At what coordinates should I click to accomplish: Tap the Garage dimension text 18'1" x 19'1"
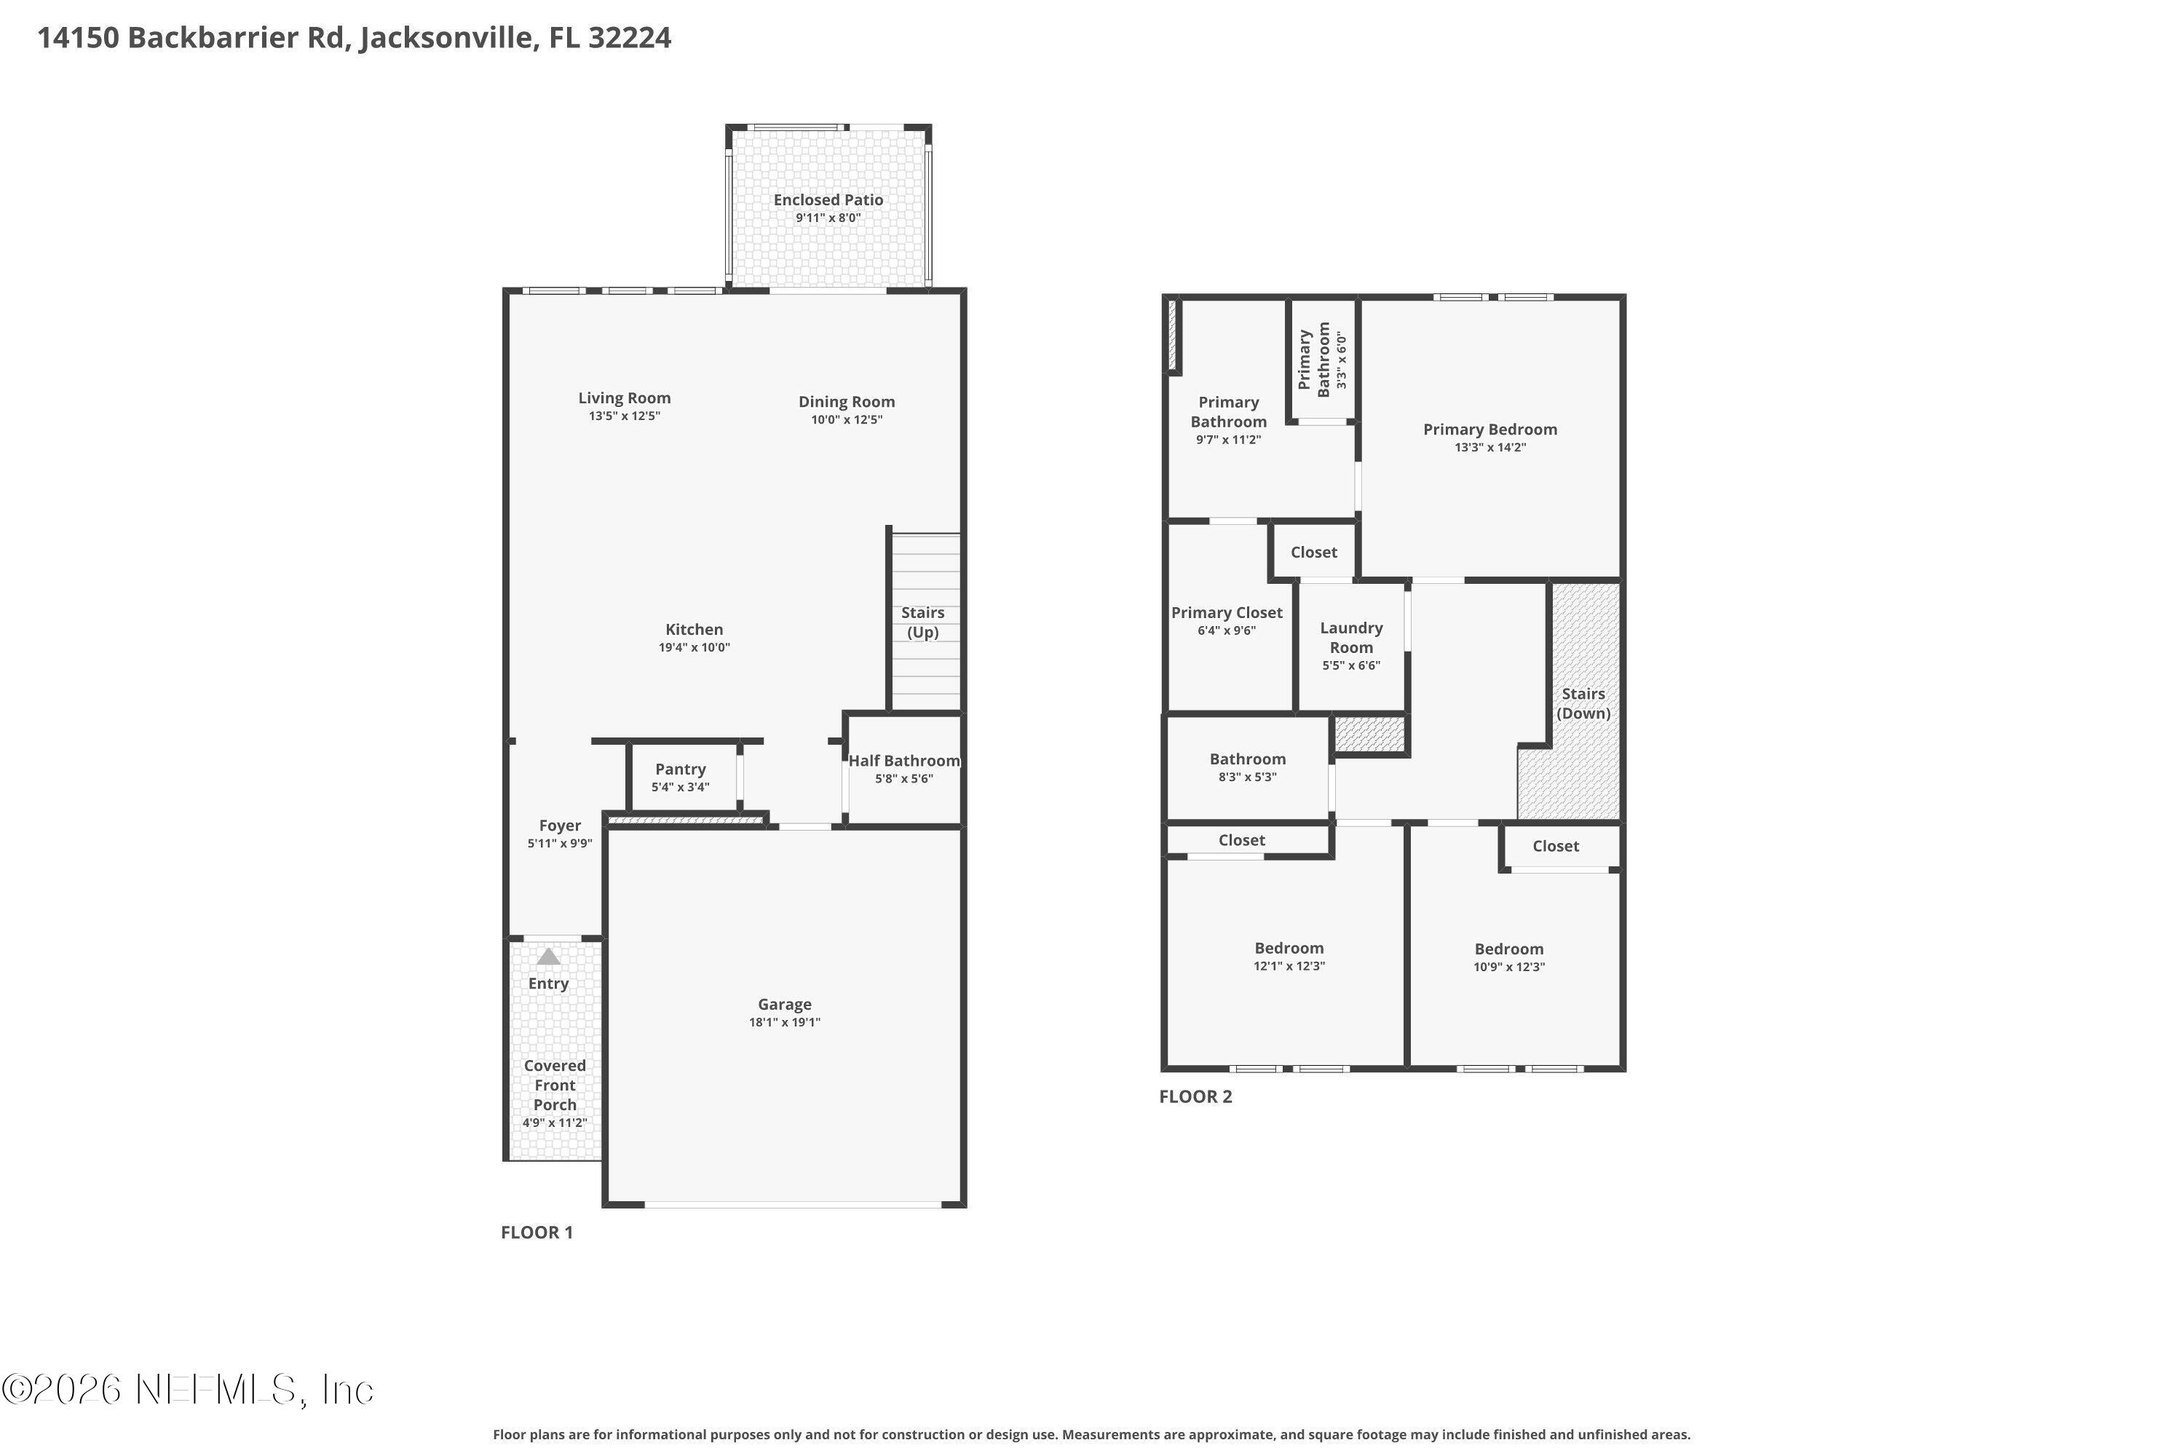pyautogui.click(x=785, y=1022)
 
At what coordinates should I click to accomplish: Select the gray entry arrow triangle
pyautogui.click(x=549, y=957)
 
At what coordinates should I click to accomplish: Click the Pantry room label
pyautogui.click(x=680, y=769)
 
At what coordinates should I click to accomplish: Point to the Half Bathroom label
pyautogui.click(x=903, y=761)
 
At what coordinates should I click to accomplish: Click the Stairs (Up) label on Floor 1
pyautogui.click(x=922, y=622)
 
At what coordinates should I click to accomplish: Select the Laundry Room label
pyautogui.click(x=1351, y=637)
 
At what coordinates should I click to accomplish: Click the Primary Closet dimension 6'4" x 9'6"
pyautogui.click(x=1226, y=630)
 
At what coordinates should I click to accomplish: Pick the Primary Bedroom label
pyautogui.click(x=1489, y=429)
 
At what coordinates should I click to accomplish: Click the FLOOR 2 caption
pyautogui.click(x=1195, y=1096)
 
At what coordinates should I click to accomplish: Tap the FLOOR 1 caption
pyautogui.click(x=537, y=1233)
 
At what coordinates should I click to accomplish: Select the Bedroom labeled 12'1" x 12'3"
pyautogui.click(x=1289, y=948)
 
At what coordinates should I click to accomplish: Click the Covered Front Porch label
pyautogui.click(x=554, y=1085)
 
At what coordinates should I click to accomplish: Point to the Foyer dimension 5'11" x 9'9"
pyautogui.click(x=559, y=843)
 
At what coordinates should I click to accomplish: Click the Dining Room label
pyautogui.click(x=846, y=401)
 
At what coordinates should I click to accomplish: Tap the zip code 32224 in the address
pyautogui.click(x=629, y=38)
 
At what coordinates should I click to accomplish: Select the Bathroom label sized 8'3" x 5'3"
pyautogui.click(x=1247, y=759)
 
